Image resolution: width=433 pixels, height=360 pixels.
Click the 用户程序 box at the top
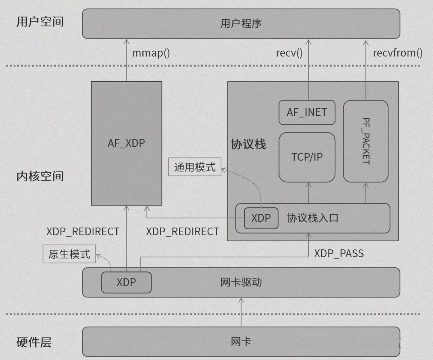[x=241, y=24]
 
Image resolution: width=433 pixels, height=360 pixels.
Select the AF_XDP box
[x=126, y=143]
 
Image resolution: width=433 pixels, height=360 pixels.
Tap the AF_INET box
[x=307, y=112]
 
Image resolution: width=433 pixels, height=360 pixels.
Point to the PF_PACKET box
[x=366, y=141]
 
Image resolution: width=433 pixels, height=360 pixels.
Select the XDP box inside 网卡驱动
[x=126, y=282]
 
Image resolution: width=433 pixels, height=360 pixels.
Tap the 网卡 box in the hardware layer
[x=241, y=342]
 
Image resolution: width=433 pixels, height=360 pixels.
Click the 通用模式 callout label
[x=195, y=167]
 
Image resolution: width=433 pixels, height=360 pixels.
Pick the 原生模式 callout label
[x=69, y=255]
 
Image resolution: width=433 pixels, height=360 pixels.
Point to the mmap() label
[x=151, y=53]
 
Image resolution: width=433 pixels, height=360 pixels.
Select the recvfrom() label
[x=398, y=53]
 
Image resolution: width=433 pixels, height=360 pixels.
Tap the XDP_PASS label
[x=339, y=253]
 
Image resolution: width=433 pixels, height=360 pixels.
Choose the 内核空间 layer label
[x=40, y=176]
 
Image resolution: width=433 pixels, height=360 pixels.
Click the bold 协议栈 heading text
[x=248, y=144]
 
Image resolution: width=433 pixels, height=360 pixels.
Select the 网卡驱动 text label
[x=241, y=282]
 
